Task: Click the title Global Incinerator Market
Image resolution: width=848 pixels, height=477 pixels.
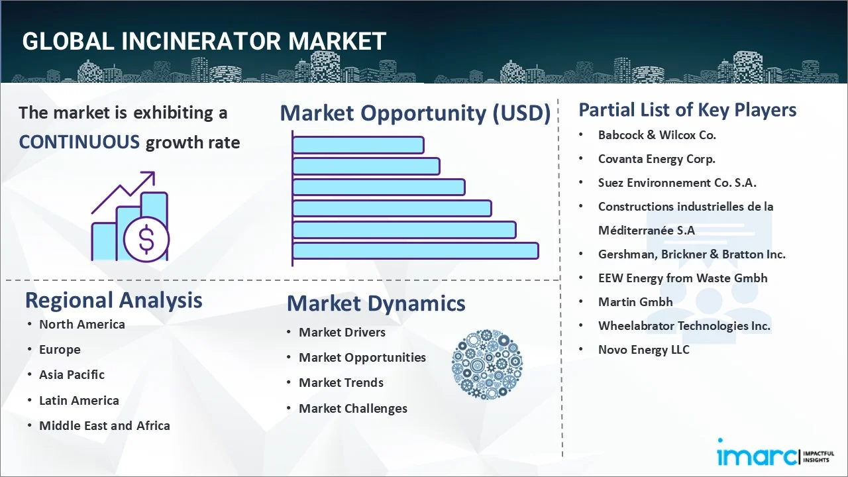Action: tap(204, 41)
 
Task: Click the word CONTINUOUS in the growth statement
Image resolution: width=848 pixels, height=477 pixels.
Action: tap(79, 142)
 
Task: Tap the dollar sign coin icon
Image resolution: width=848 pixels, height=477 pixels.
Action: tap(146, 240)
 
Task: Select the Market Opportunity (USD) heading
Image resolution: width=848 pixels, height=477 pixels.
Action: tap(415, 113)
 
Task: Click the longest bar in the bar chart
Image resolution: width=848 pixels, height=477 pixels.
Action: tap(415, 250)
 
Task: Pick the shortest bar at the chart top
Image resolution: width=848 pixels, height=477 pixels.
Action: tap(358, 144)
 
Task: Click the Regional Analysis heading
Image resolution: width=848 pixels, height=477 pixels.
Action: tap(113, 300)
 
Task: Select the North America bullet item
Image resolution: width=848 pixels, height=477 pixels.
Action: tap(81, 324)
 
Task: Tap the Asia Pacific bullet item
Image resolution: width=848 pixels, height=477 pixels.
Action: tap(72, 374)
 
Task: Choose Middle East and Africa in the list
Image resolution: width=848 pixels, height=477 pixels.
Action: tap(104, 425)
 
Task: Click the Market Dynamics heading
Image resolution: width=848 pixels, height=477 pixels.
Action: tap(376, 303)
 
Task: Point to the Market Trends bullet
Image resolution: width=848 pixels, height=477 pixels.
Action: tap(341, 382)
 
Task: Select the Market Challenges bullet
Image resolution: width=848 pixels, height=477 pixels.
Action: tap(352, 408)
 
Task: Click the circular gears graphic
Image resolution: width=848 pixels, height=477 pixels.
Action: tap(487, 364)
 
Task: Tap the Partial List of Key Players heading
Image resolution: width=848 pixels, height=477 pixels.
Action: tap(687, 109)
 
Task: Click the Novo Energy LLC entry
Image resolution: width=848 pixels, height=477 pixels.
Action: tap(643, 349)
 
